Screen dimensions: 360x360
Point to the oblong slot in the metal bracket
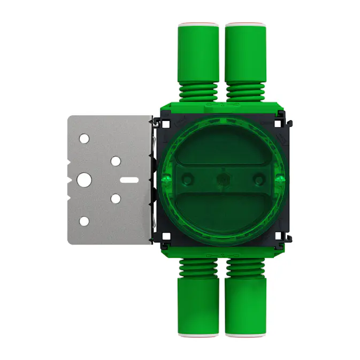coord(129,180)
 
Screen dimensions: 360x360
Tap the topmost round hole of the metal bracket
coord(85,139)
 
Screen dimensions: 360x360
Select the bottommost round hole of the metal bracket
coord(85,221)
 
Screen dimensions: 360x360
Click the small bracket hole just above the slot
coord(116,160)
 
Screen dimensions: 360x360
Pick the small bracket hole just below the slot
coord(116,199)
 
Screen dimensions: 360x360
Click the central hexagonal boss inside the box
coord(221,178)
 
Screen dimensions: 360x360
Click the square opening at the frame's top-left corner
coord(166,124)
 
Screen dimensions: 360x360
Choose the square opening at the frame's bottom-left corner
coord(166,235)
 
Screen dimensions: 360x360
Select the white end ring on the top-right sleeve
coord(245,25)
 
